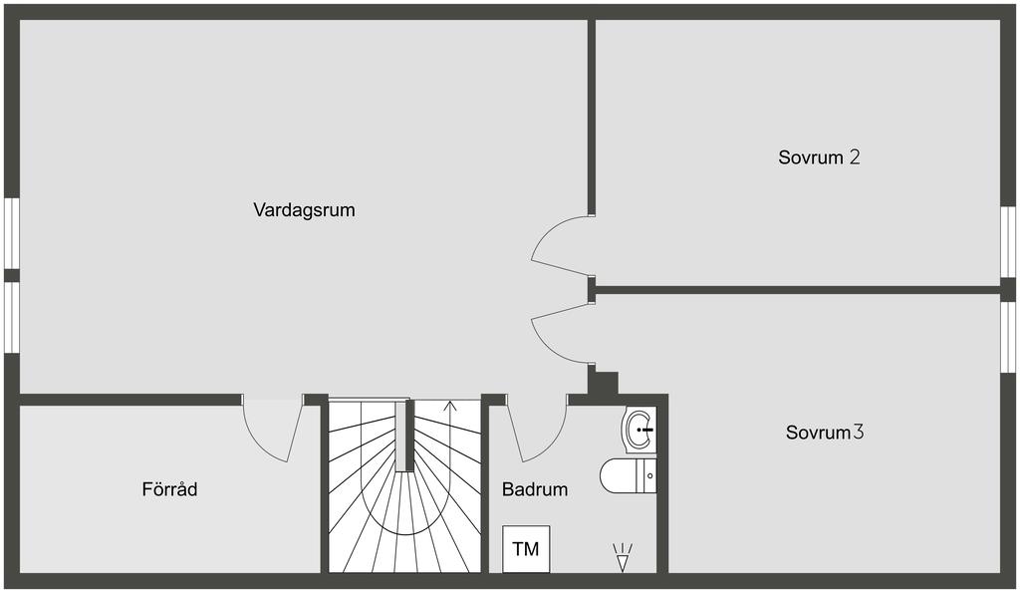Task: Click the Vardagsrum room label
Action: pos(304,210)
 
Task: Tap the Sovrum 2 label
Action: pos(819,157)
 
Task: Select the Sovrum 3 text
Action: pos(824,433)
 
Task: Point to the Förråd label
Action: pos(169,489)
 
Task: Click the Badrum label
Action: pos(535,489)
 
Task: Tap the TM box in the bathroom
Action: pos(526,549)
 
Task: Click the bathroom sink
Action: pos(639,430)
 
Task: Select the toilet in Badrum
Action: pos(629,475)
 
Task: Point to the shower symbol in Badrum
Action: pos(624,557)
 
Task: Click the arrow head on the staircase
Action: pos(449,405)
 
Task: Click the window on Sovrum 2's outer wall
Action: pos(1008,242)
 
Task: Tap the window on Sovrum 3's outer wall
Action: pos(1008,336)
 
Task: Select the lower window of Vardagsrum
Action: pos(11,317)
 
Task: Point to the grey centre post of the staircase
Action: pos(403,437)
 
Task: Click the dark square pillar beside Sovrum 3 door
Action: pos(604,383)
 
